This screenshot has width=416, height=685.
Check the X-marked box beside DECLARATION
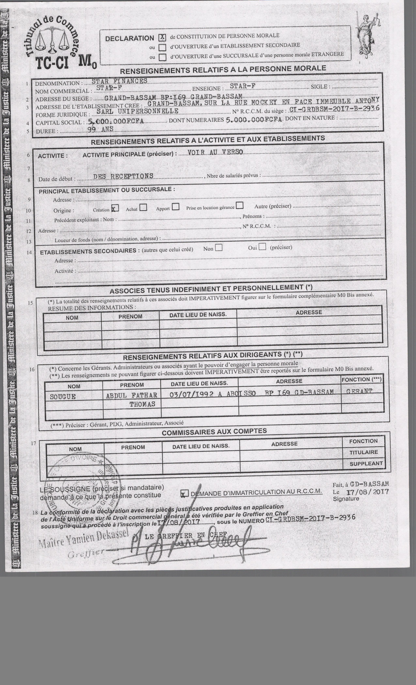pos(162,38)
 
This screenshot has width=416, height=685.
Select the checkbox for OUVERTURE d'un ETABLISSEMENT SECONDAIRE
pos(162,47)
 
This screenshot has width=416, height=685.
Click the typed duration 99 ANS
pos(100,129)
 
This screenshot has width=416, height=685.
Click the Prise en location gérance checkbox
pos(239,205)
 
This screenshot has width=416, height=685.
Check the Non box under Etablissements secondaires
pos(219,247)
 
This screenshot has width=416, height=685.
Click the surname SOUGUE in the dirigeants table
pos(63,397)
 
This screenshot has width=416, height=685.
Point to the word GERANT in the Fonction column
pos(359,391)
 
